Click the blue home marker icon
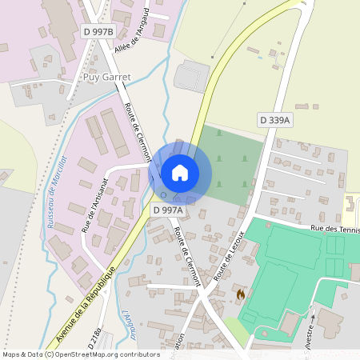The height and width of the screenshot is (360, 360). click(x=180, y=173)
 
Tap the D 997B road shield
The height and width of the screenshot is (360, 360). click(x=99, y=31)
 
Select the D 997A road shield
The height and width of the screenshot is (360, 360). click(x=168, y=210)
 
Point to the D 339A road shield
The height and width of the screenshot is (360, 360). click(x=275, y=120)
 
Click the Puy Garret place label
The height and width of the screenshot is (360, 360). click(x=106, y=78)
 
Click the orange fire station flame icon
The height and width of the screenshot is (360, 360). click(x=239, y=294)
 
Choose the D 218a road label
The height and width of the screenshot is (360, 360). click(x=98, y=336)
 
